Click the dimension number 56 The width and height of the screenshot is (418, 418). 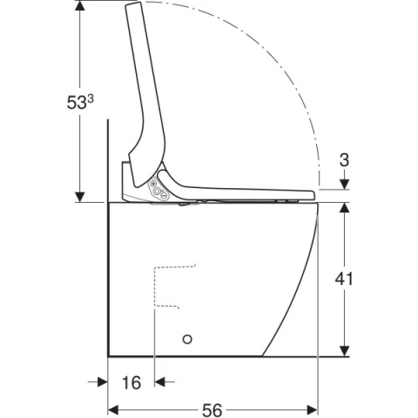coord(212,410)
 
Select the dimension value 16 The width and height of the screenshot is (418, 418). coord(131,382)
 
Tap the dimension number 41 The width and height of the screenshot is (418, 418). coord(344,280)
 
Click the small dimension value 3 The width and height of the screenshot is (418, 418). coord(344,160)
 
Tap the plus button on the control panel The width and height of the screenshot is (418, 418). coord(153,184)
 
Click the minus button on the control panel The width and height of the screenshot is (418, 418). coord(164,196)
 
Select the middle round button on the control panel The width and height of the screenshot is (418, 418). coord(157,191)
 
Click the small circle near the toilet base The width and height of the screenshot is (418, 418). coord(187,339)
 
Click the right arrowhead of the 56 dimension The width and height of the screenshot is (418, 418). coord(313,410)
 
